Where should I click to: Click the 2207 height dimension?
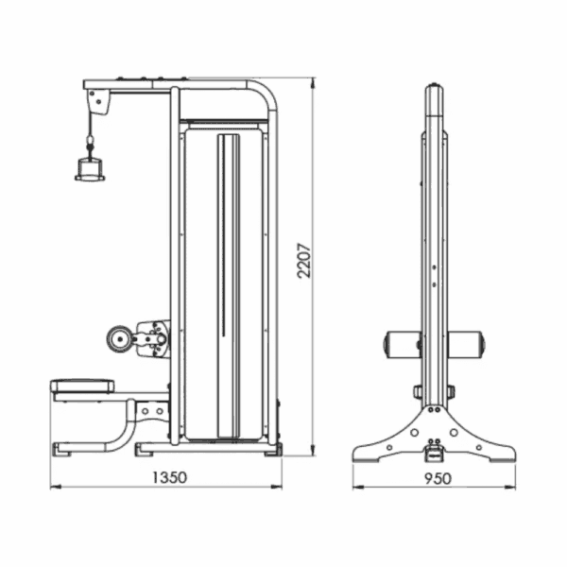click(303, 261)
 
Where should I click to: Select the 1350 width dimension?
click(169, 477)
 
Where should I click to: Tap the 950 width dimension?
click(438, 479)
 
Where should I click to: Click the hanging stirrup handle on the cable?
click(90, 169)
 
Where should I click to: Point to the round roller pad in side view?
click(118, 339)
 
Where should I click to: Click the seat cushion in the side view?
click(82, 387)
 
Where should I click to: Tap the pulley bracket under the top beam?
click(98, 102)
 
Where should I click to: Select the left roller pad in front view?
click(403, 344)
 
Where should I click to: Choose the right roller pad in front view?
click(466, 344)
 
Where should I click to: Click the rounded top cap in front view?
click(435, 100)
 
